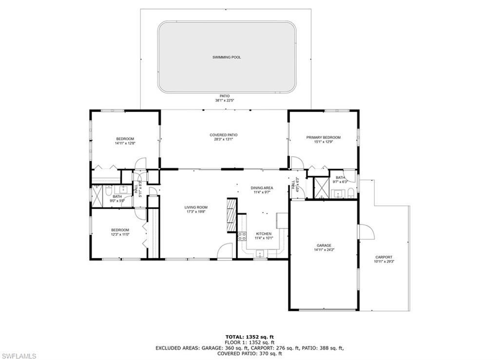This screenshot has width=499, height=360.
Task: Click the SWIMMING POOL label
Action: click(x=226, y=57)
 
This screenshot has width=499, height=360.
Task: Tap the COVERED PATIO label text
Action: click(x=223, y=135)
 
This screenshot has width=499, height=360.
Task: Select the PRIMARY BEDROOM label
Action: click(x=323, y=137)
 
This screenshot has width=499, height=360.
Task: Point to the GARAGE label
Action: click(x=324, y=246)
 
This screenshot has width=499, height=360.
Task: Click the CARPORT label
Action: click(x=384, y=257)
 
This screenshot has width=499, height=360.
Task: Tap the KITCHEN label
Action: click(x=264, y=234)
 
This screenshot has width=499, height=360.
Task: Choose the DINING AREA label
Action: click(x=262, y=188)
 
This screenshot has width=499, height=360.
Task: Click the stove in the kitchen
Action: click(x=242, y=237)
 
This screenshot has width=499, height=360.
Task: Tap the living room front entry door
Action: click(x=225, y=251)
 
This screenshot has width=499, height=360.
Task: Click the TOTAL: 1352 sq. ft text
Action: click(x=249, y=337)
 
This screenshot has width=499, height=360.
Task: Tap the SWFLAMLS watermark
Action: click(x=19, y=356)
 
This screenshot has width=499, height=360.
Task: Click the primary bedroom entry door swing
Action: click(x=296, y=162)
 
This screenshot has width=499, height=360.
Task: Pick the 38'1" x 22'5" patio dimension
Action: click(x=225, y=101)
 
